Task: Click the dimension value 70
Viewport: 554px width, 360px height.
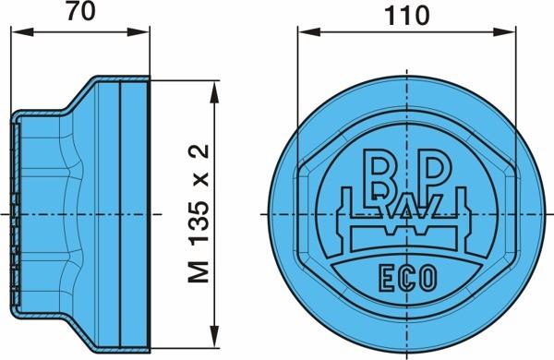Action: tap(81, 11)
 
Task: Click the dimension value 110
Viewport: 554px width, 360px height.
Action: tap(406, 16)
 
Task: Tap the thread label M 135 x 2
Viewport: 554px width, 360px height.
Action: tap(199, 213)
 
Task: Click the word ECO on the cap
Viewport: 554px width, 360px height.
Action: tap(408, 279)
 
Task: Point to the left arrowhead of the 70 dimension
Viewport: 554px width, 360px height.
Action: tap(22, 32)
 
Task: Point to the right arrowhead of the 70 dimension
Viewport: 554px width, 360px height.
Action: tap(138, 32)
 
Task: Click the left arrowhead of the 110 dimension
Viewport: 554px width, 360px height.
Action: tap(309, 32)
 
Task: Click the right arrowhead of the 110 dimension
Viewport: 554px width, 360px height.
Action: tap(504, 32)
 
